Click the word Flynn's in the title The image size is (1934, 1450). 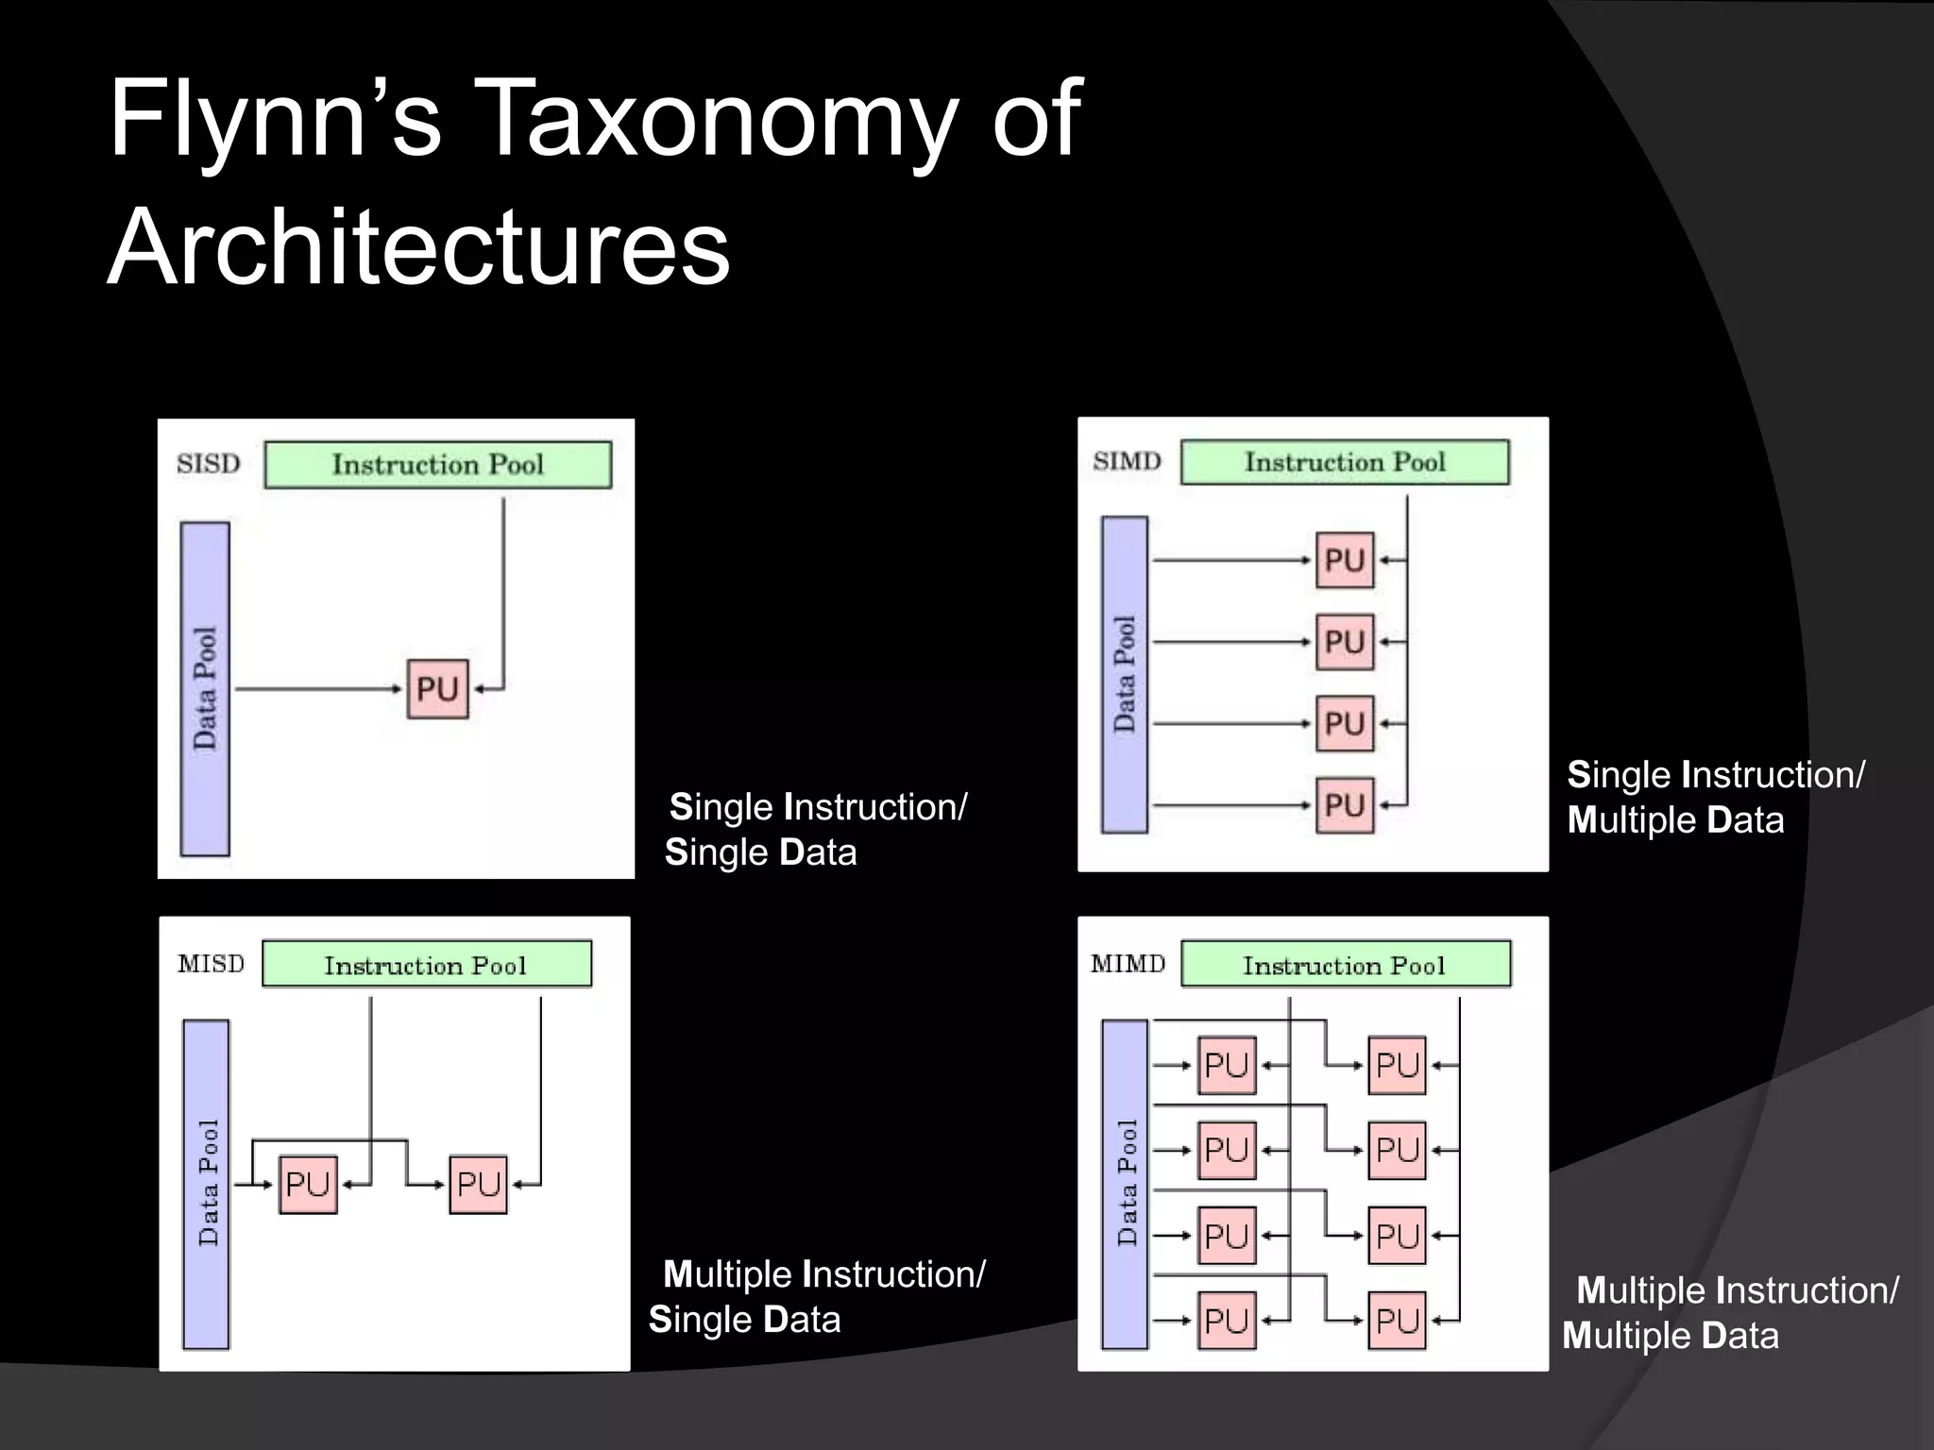[x=274, y=119]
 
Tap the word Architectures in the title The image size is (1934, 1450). [x=418, y=247]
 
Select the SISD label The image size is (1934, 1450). [x=209, y=464]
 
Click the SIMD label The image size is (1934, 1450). [x=1127, y=461]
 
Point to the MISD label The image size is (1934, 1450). [x=211, y=964]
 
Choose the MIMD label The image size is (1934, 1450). [x=1128, y=964]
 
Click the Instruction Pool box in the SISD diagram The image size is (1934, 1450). [x=437, y=464]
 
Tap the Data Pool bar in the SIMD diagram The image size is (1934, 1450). [x=1124, y=674]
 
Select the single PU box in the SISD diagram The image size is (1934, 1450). [x=437, y=689]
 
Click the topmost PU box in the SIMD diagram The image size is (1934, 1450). [x=1345, y=561]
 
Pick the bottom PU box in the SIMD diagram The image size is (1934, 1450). [x=1345, y=805]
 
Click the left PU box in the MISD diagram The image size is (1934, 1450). [x=308, y=1184]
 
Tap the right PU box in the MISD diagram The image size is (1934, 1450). [x=478, y=1184]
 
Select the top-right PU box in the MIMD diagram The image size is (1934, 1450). [x=1397, y=1066]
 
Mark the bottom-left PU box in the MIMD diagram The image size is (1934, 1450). [x=1227, y=1320]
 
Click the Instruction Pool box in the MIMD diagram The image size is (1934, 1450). [x=1345, y=965]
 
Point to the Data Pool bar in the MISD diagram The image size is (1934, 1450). [x=206, y=1184]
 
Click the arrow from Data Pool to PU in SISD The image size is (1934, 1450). [x=317, y=689]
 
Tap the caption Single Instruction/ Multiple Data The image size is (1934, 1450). [x=1714, y=797]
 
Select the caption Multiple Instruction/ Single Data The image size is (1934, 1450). [x=818, y=1296]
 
